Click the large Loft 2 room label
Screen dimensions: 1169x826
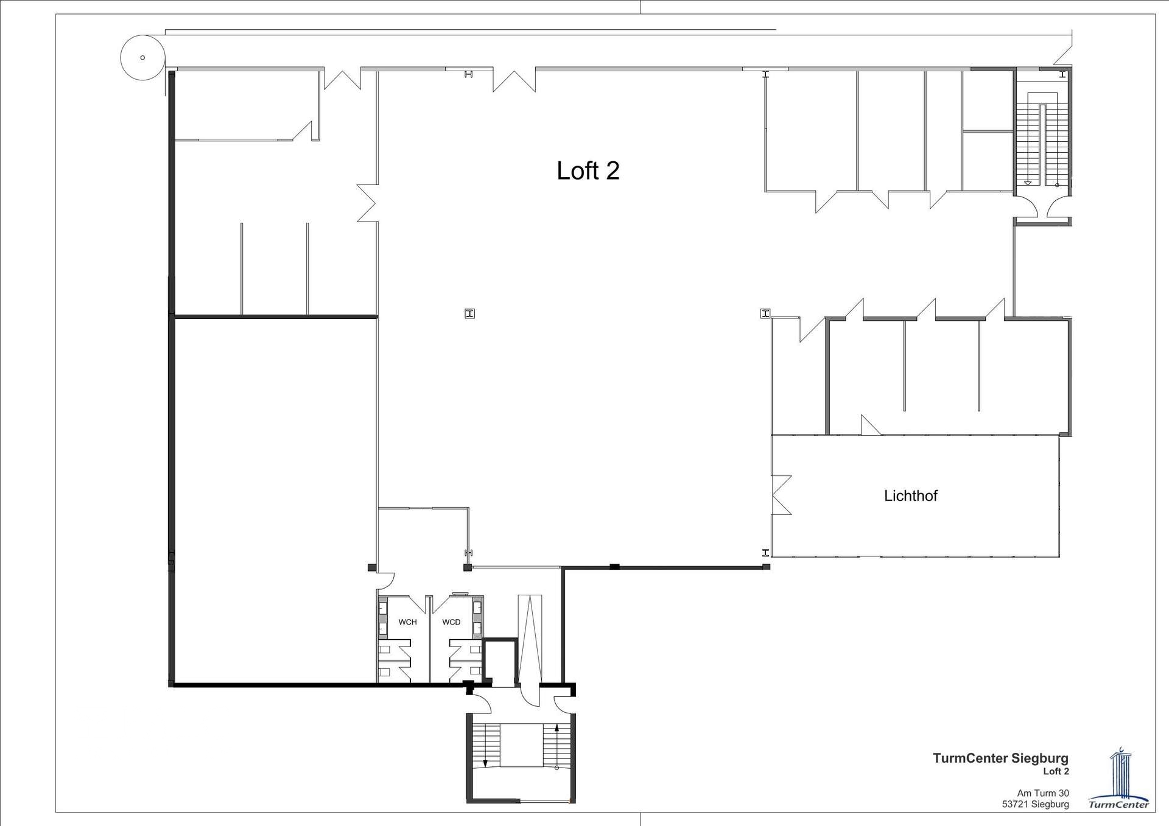point(588,170)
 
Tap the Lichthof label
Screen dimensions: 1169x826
point(910,495)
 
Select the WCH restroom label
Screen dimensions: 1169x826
point(407,622)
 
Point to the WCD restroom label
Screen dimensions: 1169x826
point(451,622)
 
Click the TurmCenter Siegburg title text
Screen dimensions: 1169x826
point(1000,758)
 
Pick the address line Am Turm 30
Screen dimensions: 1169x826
point(1043,793)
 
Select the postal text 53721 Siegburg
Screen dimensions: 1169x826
point(1036,804)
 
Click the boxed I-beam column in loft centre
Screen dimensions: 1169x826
point(469,313)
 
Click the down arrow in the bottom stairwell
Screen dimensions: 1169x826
point(485,746)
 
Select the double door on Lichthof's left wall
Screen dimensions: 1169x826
point(781,495)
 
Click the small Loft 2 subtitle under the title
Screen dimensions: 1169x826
point(1056,771)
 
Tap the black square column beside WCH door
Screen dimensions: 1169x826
point(372,568)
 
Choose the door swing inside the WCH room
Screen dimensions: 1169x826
point(418,604)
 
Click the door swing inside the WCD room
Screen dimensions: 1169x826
point(440,604)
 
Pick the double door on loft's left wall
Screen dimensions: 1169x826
point(367,203)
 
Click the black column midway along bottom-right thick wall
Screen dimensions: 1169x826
point(615,567)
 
